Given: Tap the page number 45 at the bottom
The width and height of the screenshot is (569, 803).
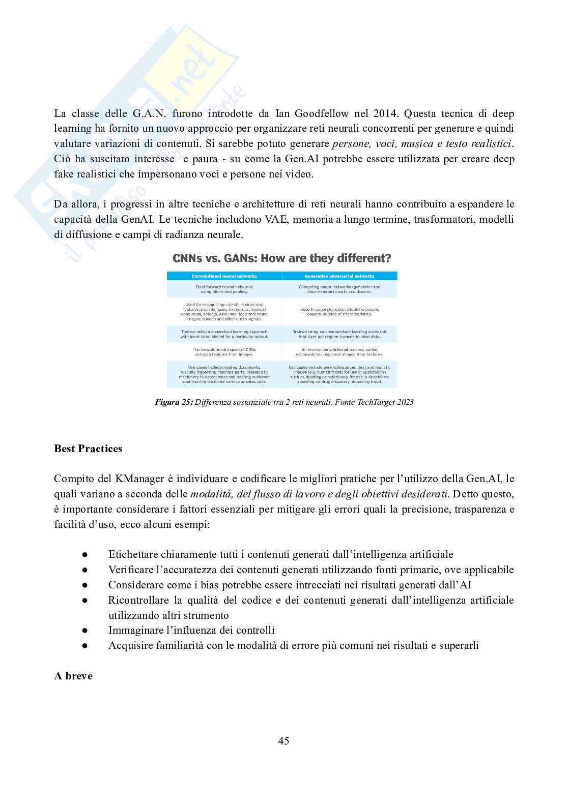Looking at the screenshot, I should point(284,741).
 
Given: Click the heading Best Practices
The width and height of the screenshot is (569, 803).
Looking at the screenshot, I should point(88,449).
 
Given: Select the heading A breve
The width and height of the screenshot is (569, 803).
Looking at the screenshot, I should point(73,676).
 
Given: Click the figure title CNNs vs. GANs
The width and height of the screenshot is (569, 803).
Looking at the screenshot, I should point(281,258).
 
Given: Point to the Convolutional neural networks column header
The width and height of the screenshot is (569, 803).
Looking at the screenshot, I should point(224,276).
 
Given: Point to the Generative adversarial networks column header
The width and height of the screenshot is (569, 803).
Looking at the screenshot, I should point(339,276).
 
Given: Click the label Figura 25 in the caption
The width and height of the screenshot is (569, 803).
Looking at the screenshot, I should point(174,402).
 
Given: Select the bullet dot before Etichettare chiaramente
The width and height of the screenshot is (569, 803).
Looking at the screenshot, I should point(85,555).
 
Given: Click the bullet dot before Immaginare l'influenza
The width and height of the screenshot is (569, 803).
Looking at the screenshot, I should point(85,631).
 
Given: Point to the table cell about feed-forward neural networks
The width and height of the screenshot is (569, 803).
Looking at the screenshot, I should point(224,289).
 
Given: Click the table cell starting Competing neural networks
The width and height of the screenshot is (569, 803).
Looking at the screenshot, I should point(339,289).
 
